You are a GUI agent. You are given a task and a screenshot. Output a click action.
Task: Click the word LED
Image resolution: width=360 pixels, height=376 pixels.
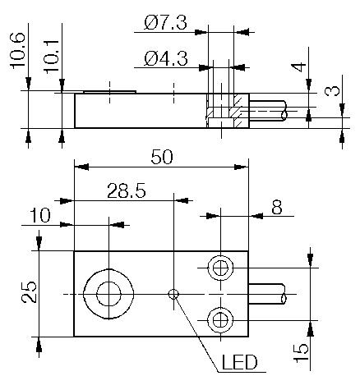240,362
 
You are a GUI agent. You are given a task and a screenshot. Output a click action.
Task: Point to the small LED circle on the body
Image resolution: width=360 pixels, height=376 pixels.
173,294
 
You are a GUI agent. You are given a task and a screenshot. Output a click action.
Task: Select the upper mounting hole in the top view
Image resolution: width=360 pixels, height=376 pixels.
219,268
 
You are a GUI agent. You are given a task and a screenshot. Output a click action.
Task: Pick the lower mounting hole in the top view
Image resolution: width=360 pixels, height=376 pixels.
219,318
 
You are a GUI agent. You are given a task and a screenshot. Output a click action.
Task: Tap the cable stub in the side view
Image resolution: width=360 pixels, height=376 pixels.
267,112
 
